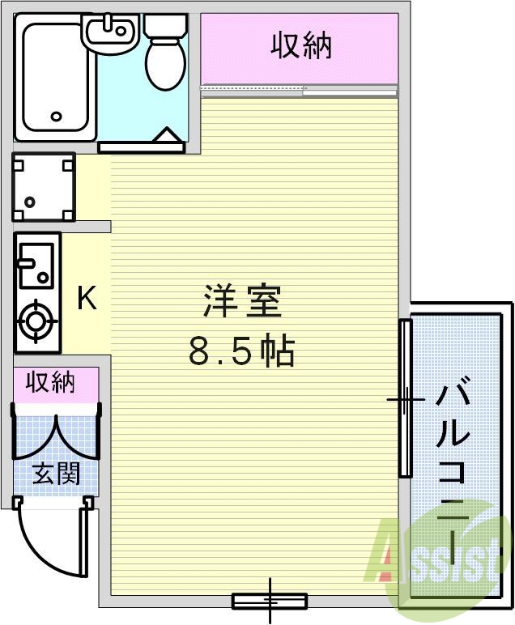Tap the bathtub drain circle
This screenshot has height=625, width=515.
pyautogui.click(x=56, y=116)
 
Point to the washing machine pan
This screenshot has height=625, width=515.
pyautogui.click(x=44, y=187)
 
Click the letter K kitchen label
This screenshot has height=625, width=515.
pyautogui.click(x=87, y=299)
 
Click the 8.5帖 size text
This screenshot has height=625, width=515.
pyautogui.click(x=241, y=351)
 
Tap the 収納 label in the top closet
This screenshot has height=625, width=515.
pyautogui.click(x=301, y=46)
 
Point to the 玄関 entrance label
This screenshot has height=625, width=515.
pyautogui.click(x=56, y=474)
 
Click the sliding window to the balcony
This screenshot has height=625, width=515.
pyautogui.click(x=405, y=398)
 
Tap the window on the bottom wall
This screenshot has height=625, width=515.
pyautogui.click(x=269, y=601)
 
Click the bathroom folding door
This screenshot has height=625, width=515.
pyautogui.click(x=141, y=144)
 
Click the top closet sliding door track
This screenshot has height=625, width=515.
pyautogui.click(x=300, y=89)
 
